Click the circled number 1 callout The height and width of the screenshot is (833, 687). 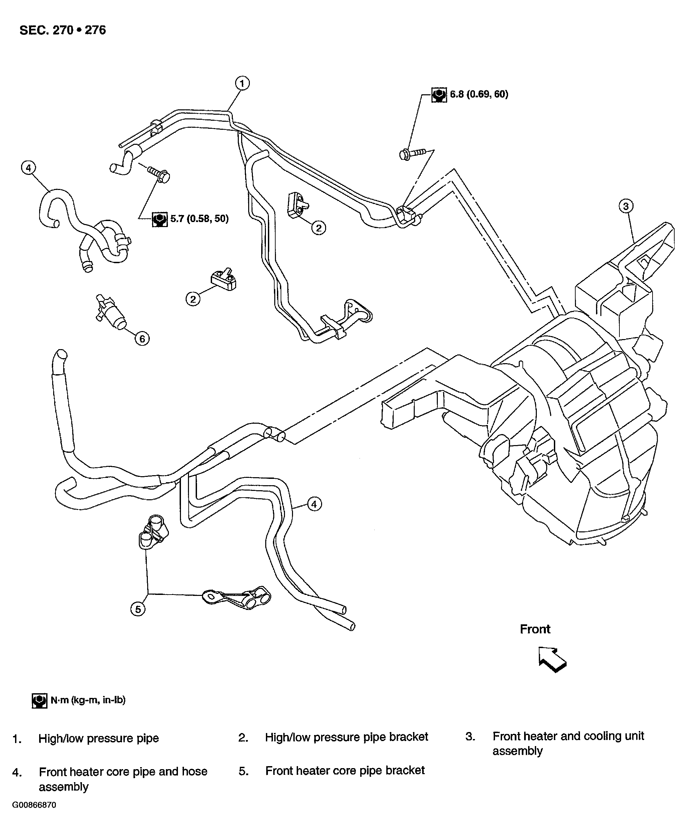pyautogui.click(x=242, y=84)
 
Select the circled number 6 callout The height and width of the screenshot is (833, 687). pyautogui.click(x=142, y=339)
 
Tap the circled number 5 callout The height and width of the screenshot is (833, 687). pyautogui.click(x=138, y=609)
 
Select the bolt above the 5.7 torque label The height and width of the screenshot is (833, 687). pyautogui.click(x=159, y=174)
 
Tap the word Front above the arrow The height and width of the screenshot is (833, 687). pyautogui.click(x=534, y=629)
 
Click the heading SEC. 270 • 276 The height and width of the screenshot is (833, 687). pyautogui.click(x=63, y=30)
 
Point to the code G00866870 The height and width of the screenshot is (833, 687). pyautogui.click(x=34, y=805)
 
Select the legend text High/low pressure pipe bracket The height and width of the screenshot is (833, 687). pyautogui.click(x=346, y=737)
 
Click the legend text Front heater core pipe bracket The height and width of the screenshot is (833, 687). pyautogui.click(x=345, y=770)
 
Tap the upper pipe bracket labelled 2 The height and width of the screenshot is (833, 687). pyautogui.click(x=298, y=205)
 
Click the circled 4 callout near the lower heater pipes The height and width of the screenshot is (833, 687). pyautogui.click(x=314, y=504)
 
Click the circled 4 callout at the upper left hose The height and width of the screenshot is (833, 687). pyautogui.click(x=28, y=168)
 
